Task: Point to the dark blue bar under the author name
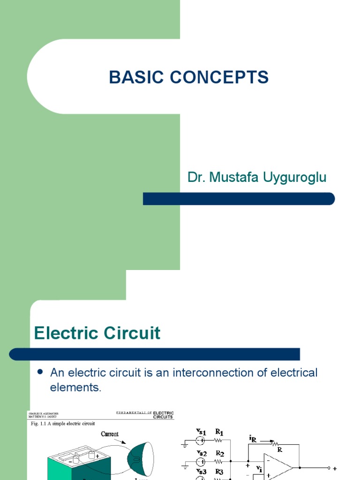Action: [x=239, y=199]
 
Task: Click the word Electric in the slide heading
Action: [x=67, y=333]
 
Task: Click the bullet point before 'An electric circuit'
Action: [x=40, y=372]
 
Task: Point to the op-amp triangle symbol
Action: [x=277, y=467]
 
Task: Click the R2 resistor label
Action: [x=219, y=454]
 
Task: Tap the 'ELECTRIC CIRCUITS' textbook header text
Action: [x=163, y=415]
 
